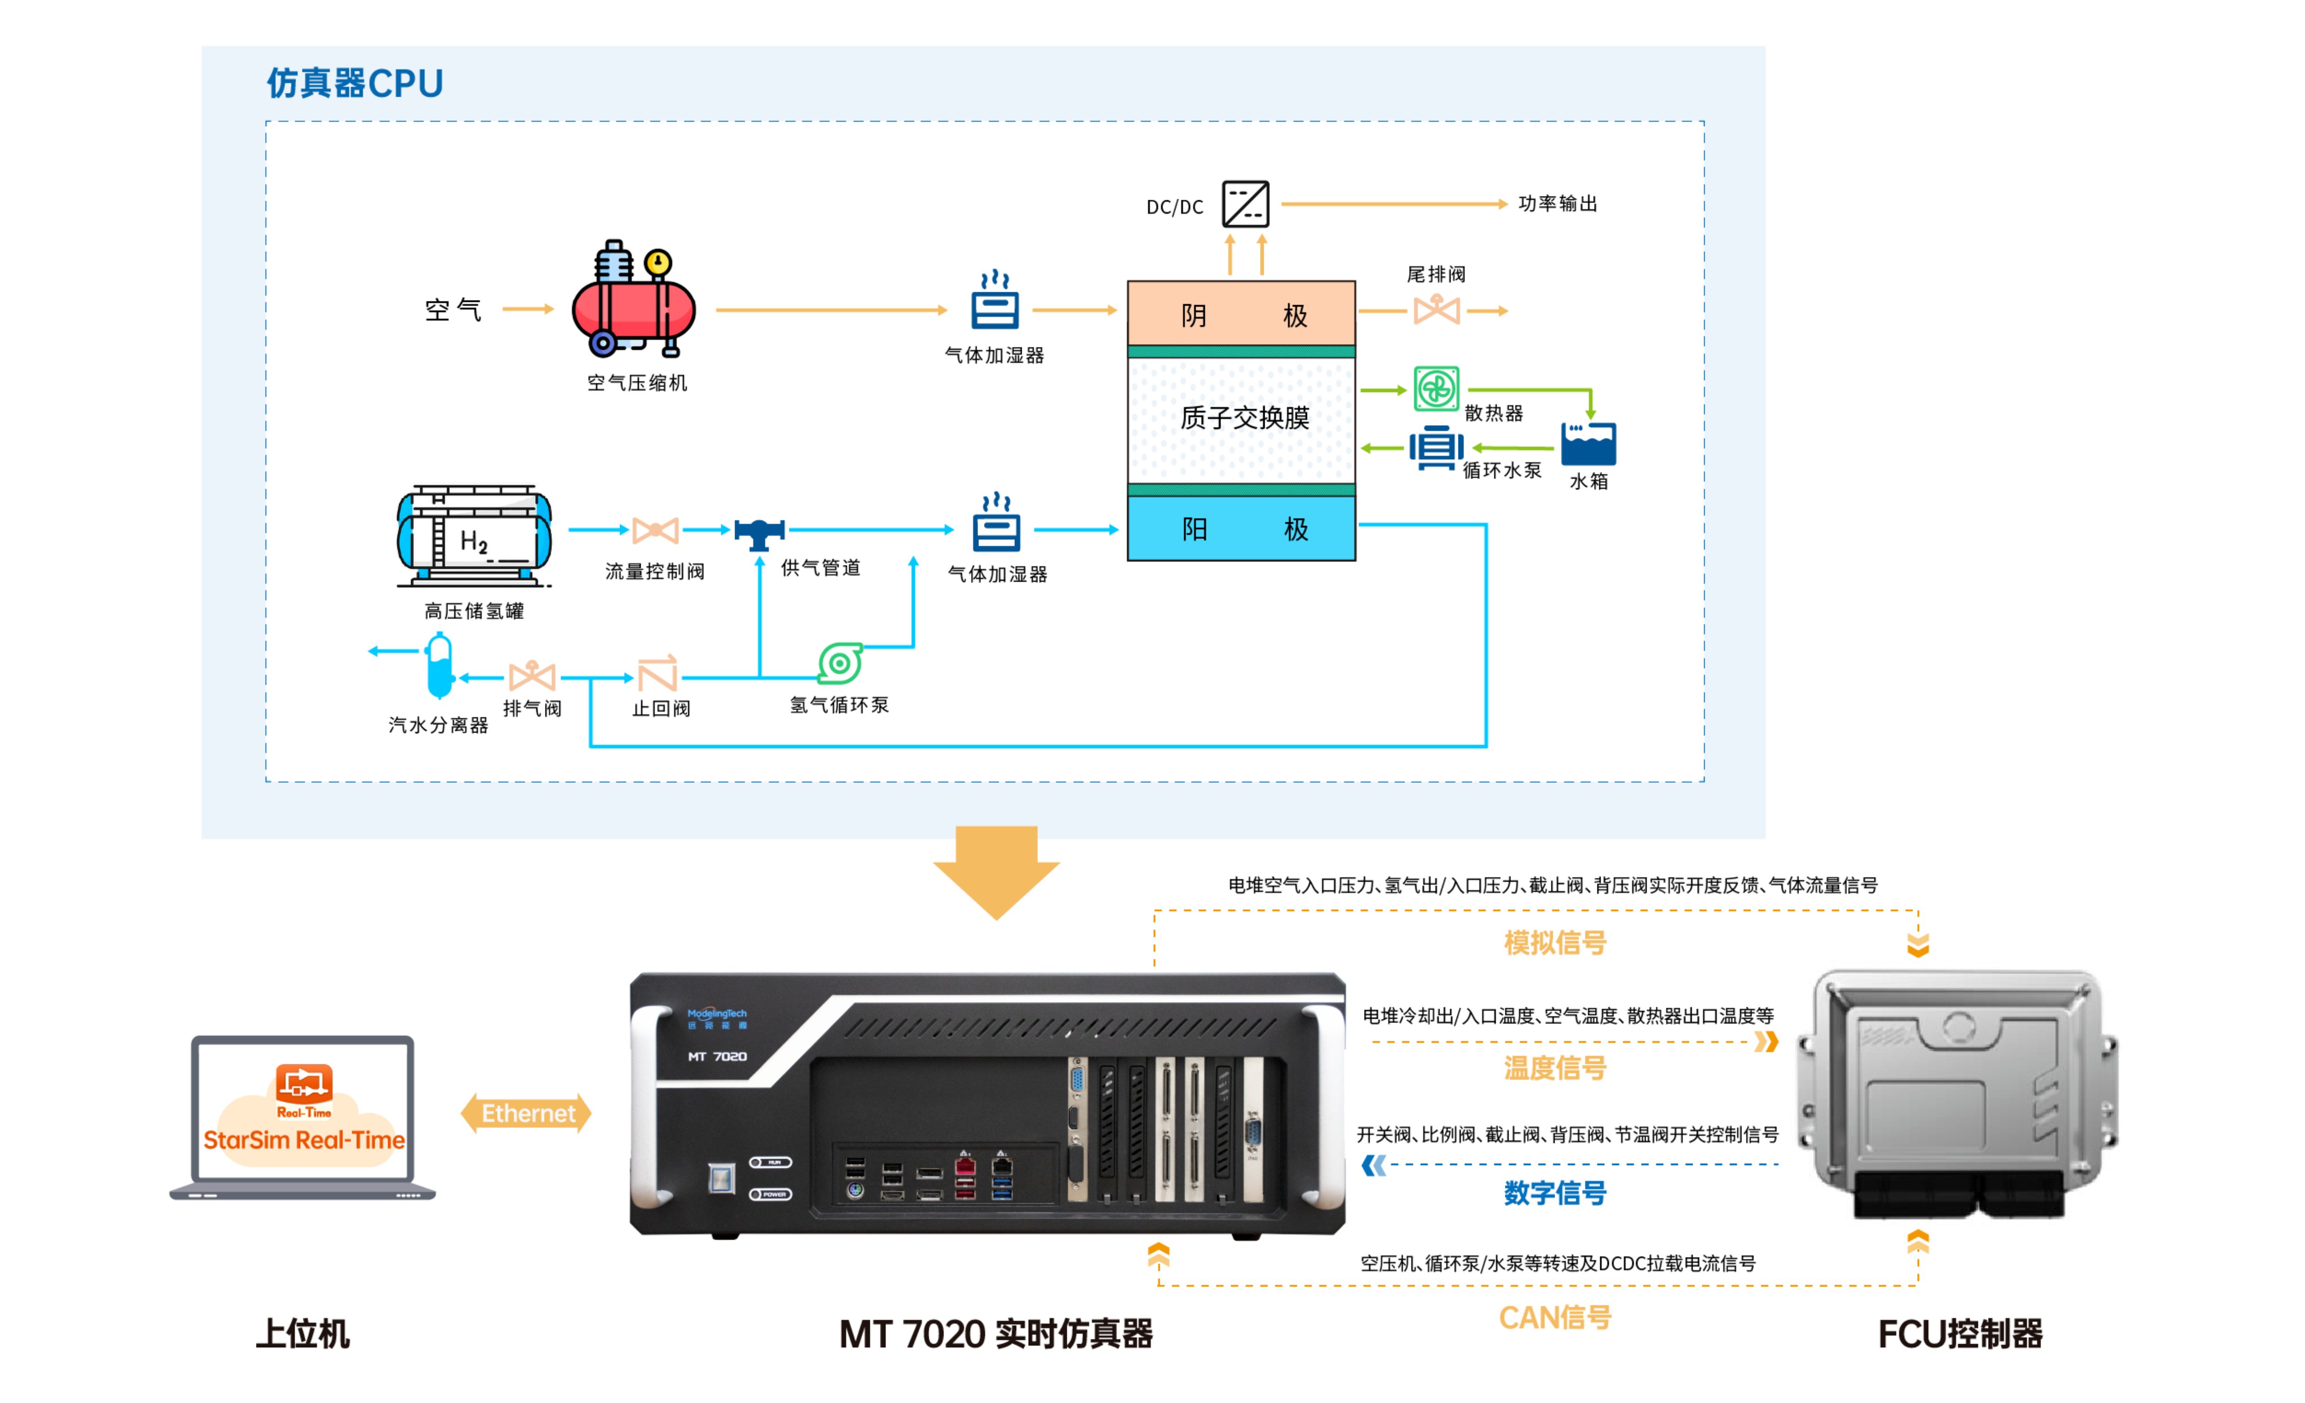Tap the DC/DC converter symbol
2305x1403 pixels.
click(x=1245, y=204)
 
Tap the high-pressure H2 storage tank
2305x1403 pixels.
click(x=474, y=536)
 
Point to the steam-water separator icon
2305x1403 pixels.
click(x=439, y=666)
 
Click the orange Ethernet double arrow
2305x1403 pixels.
click(x=527, y=1113)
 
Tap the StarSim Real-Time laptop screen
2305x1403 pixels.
click(x=303, y=1113)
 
